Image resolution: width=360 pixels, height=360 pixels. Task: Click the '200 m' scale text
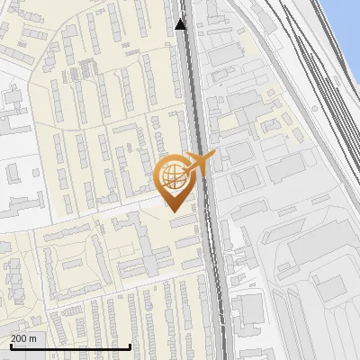(23, 338)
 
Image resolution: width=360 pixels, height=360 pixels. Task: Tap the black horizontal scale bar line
(70, 346)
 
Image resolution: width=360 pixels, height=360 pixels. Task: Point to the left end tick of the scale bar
(11, 345)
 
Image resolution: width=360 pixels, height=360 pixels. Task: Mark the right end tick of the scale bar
(130, 345)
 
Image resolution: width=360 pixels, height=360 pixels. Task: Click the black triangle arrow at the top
(181, 24)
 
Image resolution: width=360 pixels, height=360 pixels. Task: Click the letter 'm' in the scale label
(32, 338)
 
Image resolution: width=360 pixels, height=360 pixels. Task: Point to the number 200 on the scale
(20, 338)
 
